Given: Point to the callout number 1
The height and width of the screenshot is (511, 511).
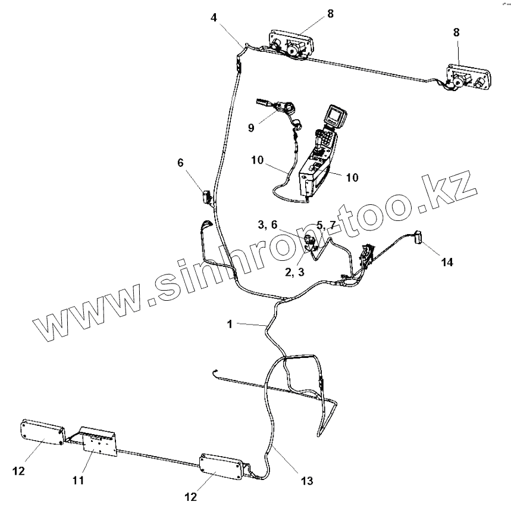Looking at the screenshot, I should point(229,324).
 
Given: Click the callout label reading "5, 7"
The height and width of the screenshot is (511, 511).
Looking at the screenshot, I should point(327,225).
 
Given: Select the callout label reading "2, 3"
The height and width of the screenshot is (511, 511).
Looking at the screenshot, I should point(294,272).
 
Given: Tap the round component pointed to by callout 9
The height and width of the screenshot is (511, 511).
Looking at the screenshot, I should point(289,109).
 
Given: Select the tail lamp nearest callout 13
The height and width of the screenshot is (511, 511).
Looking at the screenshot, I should point(221,466).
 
